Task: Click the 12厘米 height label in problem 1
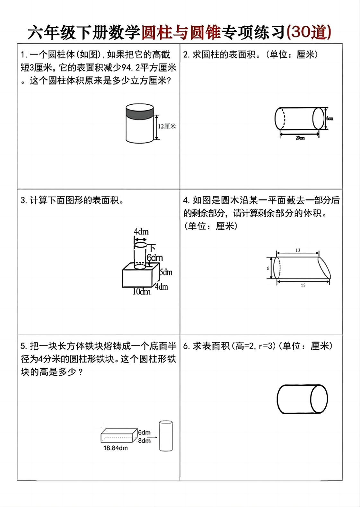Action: click(167, 126)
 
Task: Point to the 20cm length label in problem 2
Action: click(300, 138)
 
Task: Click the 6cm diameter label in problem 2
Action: click(330, 118)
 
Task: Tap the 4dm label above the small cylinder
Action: click(141, 231)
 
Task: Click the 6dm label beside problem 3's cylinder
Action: click(155, 258)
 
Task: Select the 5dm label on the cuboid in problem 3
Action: click(166, 272)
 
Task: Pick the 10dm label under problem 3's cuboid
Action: click(142, 292)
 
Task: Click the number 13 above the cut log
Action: click(298, 250)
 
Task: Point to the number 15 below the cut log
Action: click(303, 285)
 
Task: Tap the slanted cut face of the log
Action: click(324, 267)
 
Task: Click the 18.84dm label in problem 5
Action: click(115, 448)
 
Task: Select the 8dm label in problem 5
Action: click(144, 441)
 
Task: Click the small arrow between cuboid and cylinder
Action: click(154, 437)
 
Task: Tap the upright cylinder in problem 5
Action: click(166, 436)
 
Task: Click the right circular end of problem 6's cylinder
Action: click(319, 399)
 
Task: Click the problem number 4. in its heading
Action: click(187, 200)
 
